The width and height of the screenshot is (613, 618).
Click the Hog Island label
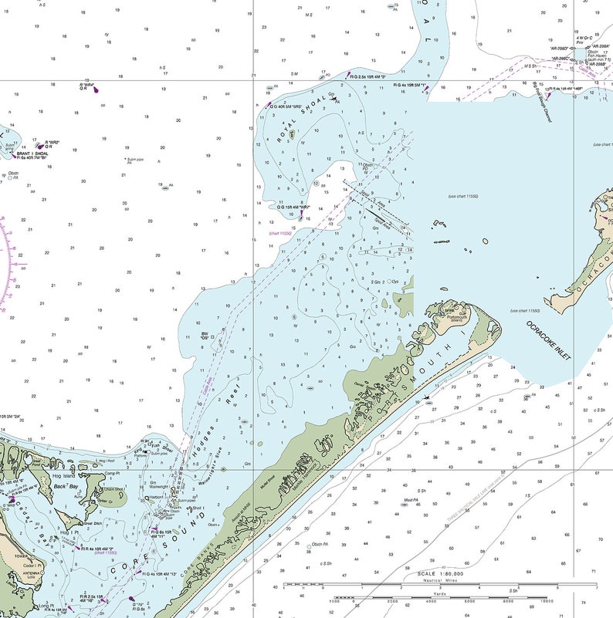[62, 477]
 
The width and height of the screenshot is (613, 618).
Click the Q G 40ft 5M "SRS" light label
[288, 105]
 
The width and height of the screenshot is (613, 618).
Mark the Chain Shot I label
[113, 489]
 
